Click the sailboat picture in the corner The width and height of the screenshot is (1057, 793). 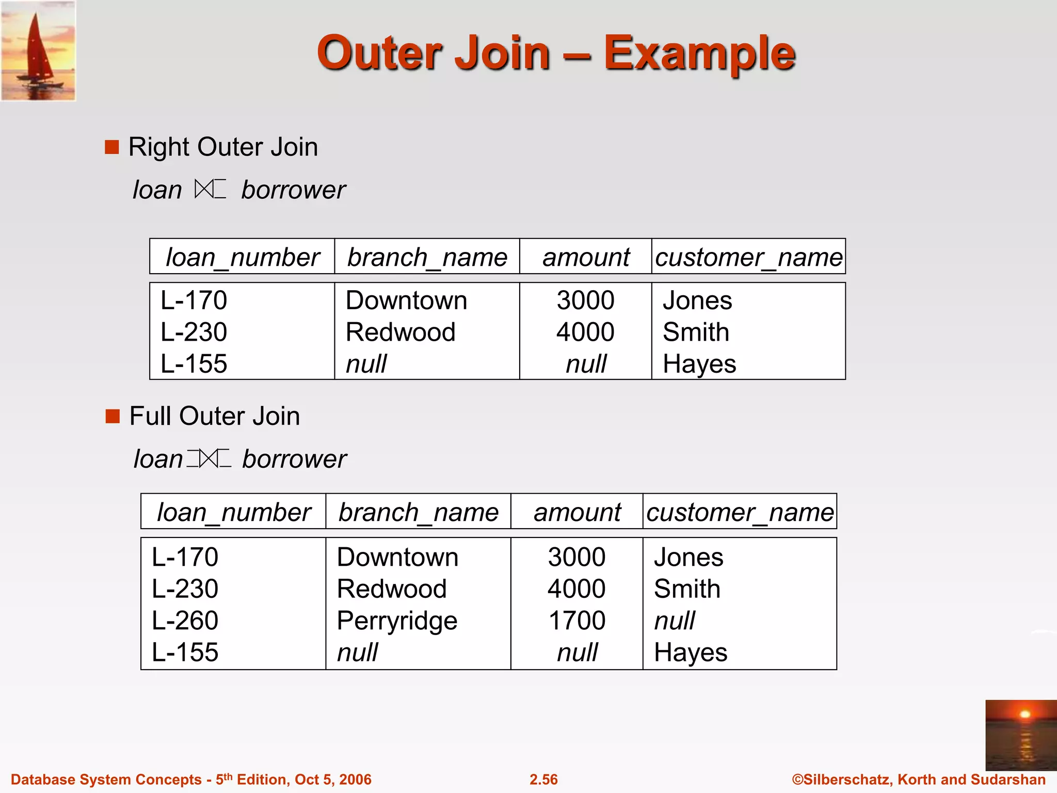38,51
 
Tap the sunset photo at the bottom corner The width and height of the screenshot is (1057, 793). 1020,735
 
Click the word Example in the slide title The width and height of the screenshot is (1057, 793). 699,53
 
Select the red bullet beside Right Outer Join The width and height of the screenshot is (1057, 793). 111,147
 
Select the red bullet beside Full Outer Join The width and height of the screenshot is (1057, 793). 112,416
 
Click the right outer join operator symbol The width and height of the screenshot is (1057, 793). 210,189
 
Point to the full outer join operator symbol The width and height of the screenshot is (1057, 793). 209,458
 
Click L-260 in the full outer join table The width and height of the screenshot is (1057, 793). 185,620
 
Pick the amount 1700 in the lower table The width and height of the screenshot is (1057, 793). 576,620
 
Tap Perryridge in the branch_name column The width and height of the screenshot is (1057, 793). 396,620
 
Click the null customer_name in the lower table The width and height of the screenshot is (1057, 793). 674,620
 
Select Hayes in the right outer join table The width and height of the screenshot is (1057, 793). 699,363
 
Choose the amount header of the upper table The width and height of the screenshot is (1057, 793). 586,257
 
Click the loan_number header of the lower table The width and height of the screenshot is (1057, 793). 233,512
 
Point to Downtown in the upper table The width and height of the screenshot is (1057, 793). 406,300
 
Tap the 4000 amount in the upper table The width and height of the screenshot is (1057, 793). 585,331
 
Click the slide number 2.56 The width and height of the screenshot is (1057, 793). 543,779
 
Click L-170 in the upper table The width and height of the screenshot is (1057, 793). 194,300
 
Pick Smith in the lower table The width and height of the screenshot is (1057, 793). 687,589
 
